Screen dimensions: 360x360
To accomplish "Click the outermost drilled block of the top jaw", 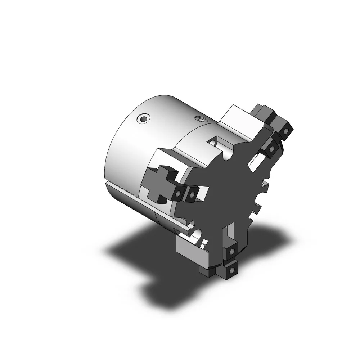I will (x=286, y=131).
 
